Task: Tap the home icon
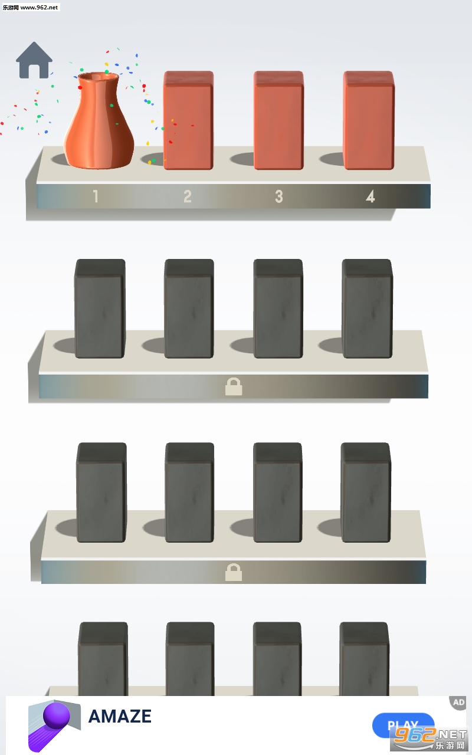pos(34,60)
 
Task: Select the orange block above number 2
pos(188,120)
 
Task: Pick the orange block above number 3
pos(278,120)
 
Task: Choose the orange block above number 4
pos(369,120)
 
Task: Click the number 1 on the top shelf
pos(96,196)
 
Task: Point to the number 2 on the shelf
pos(188,196)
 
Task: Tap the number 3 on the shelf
pos(279,196)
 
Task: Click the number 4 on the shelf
pos(370,196)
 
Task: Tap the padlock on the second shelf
pos(234,386)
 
